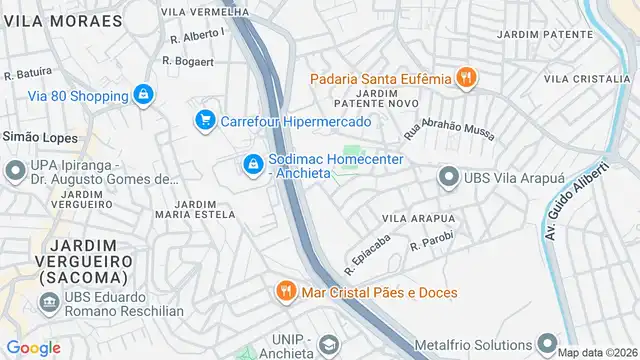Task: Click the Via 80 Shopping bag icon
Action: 144,95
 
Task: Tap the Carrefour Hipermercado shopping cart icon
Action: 206,121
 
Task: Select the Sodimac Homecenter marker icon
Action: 253,163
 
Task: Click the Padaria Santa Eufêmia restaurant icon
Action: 465,77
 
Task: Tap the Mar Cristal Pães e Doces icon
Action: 286,292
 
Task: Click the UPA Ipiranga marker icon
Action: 15,171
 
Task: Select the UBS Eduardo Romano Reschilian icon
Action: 48,301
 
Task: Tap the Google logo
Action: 33,348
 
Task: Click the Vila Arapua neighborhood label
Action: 418,217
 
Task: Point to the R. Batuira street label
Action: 28,73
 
